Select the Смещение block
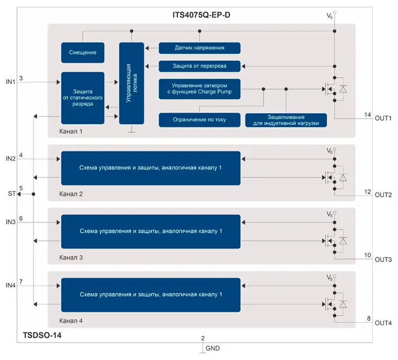[82, 53]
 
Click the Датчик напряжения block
[200, 48]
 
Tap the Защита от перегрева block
[200, 67]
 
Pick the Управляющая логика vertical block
[131, 83]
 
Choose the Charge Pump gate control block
[200, 89]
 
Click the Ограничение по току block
[200, 119]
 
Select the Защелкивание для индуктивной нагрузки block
[286, 119]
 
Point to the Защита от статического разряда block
[82, 97]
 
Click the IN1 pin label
[10, 82]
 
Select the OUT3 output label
[383, 260]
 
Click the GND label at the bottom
[213, 348]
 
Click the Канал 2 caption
[71, 194]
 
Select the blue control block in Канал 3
[151, 231]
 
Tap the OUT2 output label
[383, 195]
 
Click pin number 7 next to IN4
[21, 282]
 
